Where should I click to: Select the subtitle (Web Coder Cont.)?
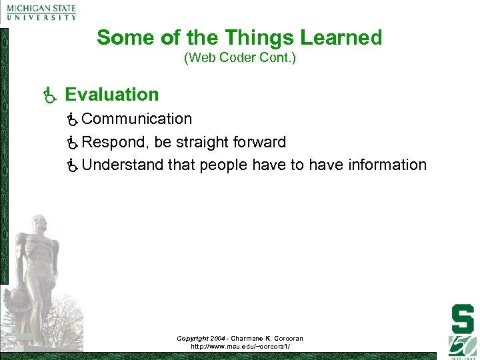[x=239, y=58]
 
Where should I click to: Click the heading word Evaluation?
[x=112, y=95]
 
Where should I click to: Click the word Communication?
[x=137, y=119]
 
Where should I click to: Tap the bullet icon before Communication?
[x=73, y=119]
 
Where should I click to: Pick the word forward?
[x=259, y=142]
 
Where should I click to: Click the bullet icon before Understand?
[x=73, y=165]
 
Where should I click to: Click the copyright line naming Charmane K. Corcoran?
[x=239, y=339]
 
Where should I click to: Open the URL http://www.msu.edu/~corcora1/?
[x=239, y=347]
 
